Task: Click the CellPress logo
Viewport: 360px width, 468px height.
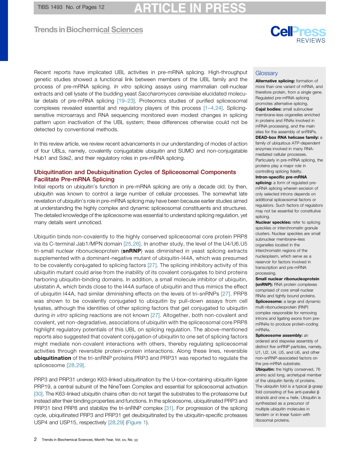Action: click(297, 32)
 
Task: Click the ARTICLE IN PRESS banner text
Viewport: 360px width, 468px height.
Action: click(189, 8)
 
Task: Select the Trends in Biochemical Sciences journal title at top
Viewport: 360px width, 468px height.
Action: click(88, 30)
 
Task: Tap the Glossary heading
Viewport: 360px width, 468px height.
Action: click(266, 73)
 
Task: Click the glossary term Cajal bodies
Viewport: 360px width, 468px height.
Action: click(268, 109)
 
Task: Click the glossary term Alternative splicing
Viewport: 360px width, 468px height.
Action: click(275, 81)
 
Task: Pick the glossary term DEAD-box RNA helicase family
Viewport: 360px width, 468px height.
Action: click(287, 137)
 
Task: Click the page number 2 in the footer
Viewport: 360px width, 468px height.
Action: click(36, 440)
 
